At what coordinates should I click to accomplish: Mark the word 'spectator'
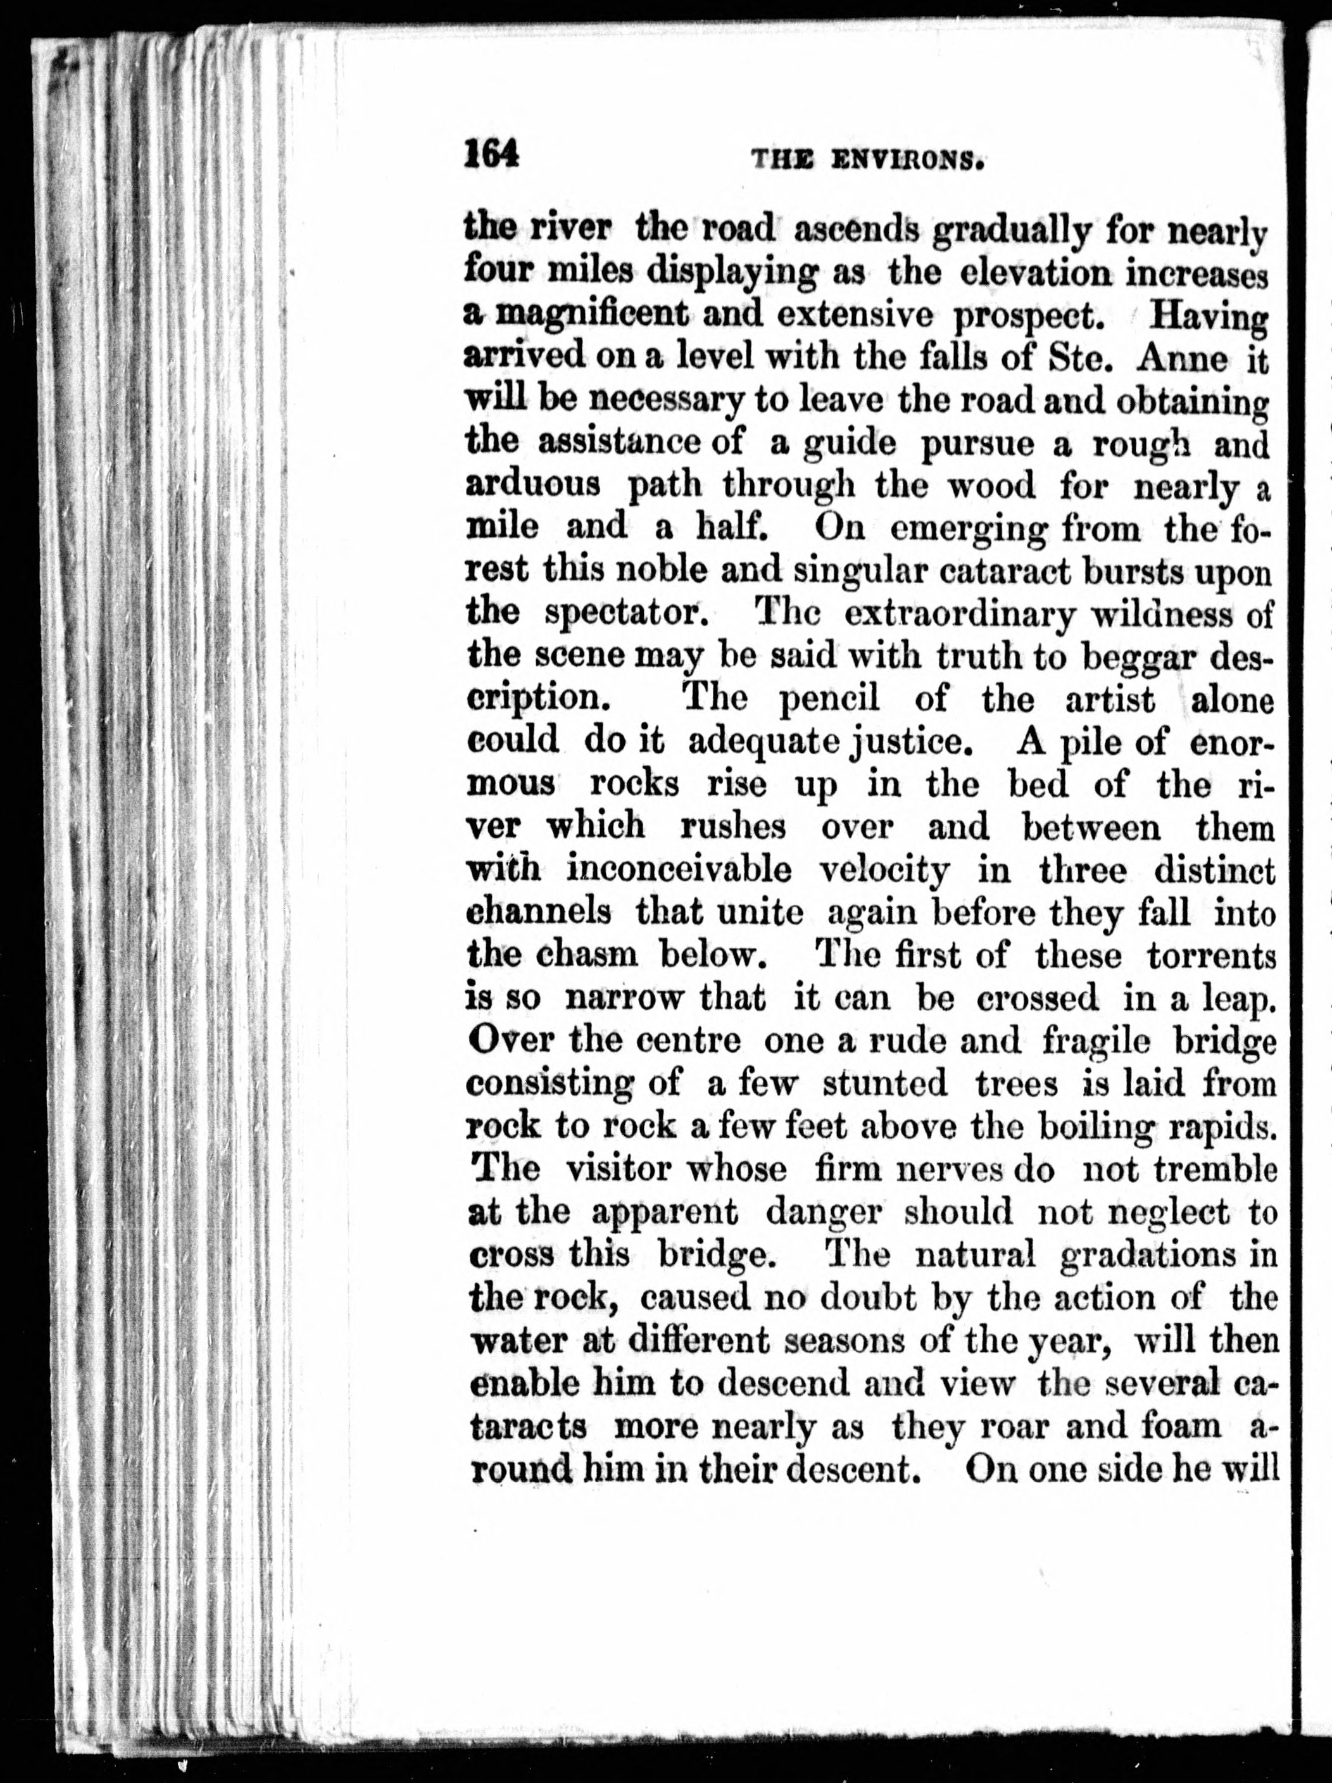point(624,614)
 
